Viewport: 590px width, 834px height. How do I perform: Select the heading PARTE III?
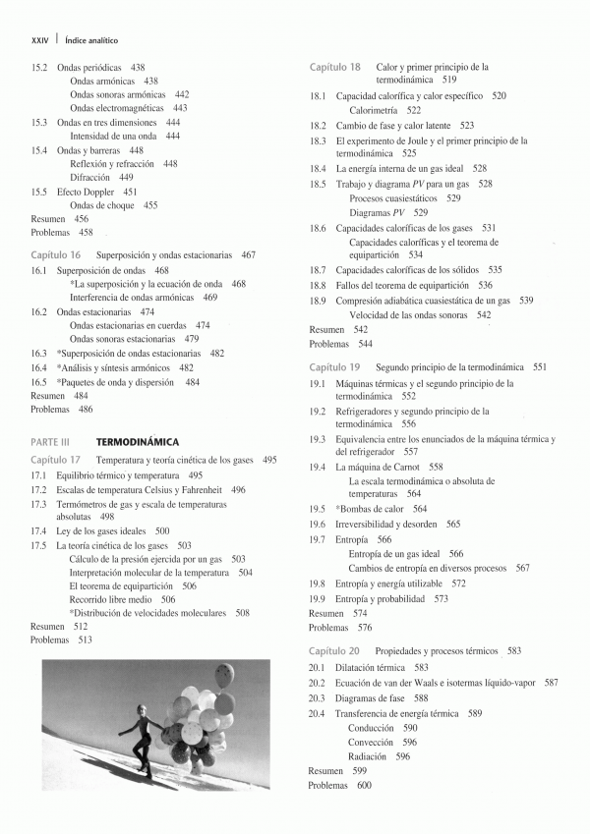(47, 442)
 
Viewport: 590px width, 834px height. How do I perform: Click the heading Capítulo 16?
(56, 254)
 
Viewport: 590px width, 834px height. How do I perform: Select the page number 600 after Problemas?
(365, 786)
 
